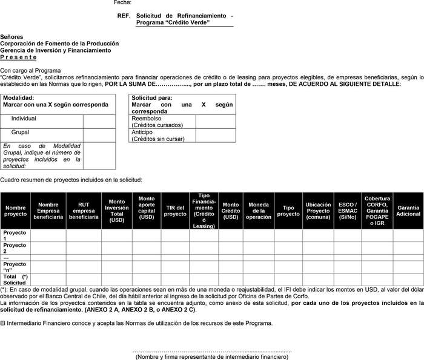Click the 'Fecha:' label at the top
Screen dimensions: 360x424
pos(122,3)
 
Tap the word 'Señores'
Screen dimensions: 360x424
pos(12,37)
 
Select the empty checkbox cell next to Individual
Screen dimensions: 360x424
pos(99,121)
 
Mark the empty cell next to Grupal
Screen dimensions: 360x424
pos(99,134)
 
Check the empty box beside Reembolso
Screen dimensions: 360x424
pos(216,121)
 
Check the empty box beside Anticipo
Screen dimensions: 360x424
pos(216,135)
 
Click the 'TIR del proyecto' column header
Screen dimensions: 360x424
pos(175,211)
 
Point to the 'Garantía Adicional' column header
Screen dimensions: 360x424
pos(408,211)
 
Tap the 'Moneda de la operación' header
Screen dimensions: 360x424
pos(259,211)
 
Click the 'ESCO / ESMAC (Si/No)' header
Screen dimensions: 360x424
pos(348,211)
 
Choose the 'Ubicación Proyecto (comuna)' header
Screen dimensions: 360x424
pos(318,211)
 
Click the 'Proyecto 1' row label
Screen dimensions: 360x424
pos(15,235)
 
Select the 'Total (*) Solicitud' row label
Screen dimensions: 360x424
pos(15,280)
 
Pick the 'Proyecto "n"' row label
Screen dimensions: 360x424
pos(15,267)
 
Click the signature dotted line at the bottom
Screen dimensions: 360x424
pos(211,350)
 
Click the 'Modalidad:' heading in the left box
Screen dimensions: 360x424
pos(19,97)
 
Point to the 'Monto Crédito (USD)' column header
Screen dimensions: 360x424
pos(230,211)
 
